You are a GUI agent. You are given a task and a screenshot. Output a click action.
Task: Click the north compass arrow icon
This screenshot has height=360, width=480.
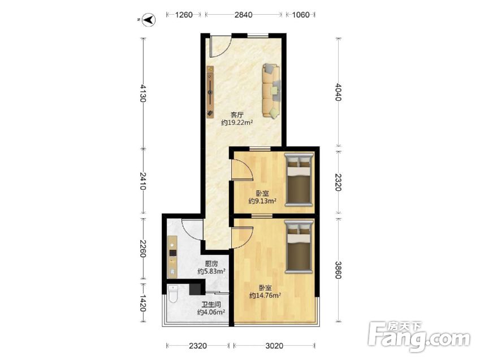point(149,20)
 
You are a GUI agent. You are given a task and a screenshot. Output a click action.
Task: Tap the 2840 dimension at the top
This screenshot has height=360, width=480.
point(243,15)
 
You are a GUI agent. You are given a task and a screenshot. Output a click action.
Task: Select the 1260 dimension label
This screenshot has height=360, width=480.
point(184,15)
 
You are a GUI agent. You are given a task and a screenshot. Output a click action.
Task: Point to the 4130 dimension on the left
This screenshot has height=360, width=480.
point(142,93)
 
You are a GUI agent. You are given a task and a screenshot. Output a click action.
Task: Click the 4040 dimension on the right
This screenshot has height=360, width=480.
point(338,92)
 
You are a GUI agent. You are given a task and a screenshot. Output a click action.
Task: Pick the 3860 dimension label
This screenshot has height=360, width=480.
point(338,270)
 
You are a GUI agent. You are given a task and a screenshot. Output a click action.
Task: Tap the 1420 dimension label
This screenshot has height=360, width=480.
point(142,303)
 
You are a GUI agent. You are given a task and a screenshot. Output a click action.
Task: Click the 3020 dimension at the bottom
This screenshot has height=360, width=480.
point(274,346)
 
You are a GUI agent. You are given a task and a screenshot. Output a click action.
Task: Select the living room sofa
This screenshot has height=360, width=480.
point(271,90)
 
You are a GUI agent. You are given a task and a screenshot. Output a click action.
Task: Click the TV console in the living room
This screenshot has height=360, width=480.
point(210,92)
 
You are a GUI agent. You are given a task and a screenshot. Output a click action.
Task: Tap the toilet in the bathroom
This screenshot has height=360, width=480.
point(173,294)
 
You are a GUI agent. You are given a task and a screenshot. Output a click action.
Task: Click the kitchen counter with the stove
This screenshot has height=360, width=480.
point(172,257)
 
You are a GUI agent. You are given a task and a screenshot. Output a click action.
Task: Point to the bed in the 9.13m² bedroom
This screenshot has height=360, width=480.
point(299,179)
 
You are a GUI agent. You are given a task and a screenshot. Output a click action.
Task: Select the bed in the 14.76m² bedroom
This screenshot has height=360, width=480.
point(299,246)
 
